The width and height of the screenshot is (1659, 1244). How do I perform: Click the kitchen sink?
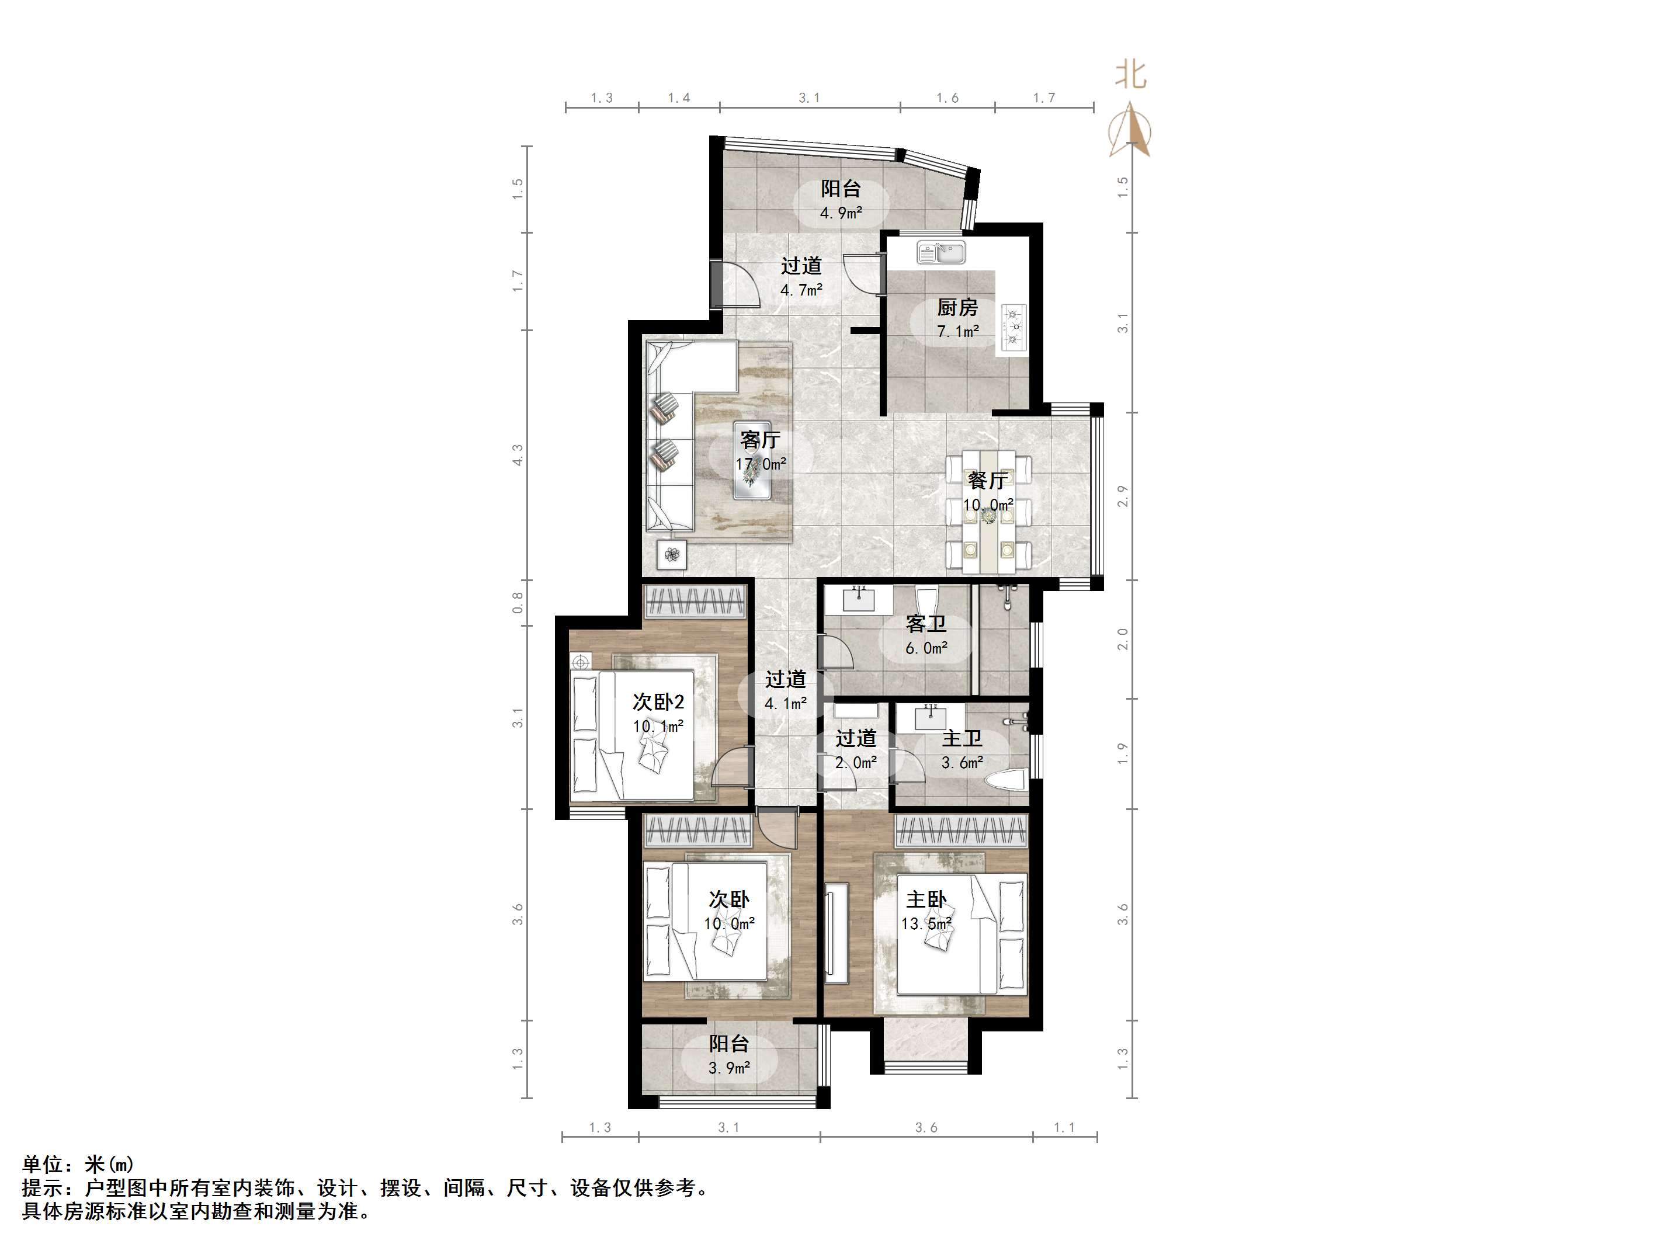[940, 253]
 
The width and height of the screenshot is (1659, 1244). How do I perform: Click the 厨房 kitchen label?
[957, 307]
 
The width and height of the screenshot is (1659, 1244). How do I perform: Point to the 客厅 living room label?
[760, 439]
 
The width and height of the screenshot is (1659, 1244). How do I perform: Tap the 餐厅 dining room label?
[988, 480]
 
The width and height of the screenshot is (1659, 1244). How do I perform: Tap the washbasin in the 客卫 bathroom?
[859, 600]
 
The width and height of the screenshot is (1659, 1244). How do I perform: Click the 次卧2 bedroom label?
[658, 702]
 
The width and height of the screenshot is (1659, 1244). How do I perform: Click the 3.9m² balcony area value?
[729, 1068]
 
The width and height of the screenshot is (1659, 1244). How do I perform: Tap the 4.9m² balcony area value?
[841, 213]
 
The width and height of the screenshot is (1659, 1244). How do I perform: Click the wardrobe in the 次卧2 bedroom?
[695, 602]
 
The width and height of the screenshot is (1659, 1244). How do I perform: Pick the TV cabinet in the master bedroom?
[835, 933]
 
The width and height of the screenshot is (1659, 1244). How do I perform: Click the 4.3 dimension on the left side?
[518, 455]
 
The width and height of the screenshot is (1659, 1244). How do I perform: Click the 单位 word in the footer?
[42, 1165]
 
